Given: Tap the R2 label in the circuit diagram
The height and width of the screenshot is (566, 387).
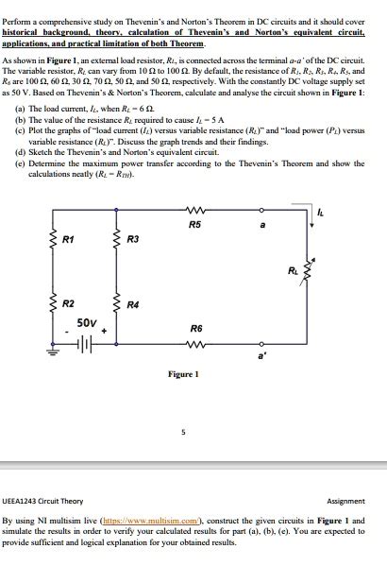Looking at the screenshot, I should (x=68, y=303).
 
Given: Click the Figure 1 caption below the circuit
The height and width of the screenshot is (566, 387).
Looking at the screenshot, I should (x=183, y=374).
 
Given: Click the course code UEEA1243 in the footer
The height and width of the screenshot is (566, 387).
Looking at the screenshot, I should (x=25, y=502).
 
